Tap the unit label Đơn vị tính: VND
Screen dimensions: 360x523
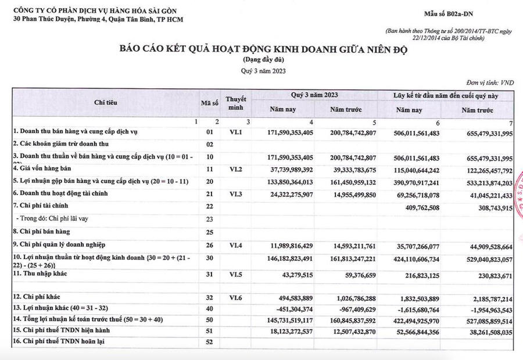point(490,84)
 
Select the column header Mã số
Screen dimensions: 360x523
point(210,103)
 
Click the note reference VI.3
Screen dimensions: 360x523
point(235,193)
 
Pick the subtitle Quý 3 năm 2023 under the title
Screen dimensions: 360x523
point(263,71)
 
